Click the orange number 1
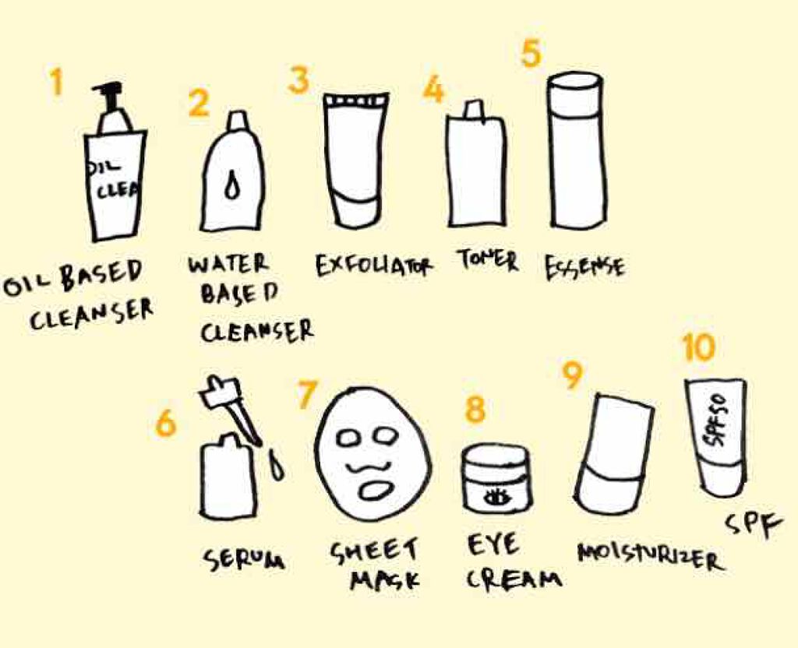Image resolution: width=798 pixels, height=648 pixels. (x=56, y=82)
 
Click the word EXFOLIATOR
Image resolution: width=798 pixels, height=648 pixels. (x=373, y=265)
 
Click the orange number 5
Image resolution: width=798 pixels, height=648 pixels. (x=530, y=54)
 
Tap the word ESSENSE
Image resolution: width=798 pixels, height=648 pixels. (x=584, y=267)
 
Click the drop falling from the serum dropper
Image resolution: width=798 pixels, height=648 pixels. (x=277, y=464)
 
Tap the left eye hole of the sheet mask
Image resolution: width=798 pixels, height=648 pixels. (x=350, y=437)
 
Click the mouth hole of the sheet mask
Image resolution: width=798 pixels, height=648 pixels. (x=376, y=489)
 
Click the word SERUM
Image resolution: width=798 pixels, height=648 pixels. (x=244, y=558)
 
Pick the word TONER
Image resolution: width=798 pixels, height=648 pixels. (x=488, y=260)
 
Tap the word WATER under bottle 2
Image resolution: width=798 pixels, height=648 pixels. (x=228, y=264)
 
